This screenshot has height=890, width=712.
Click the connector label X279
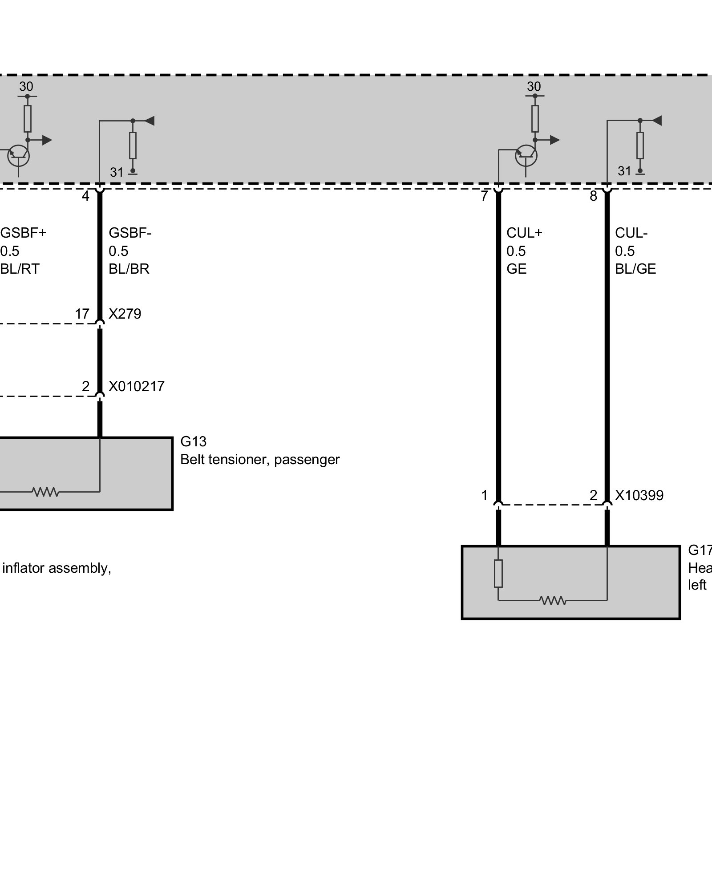[x=125, y=314]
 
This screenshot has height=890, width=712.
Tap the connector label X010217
[x=136, y=386]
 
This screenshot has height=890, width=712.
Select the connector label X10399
[x=639, y=496]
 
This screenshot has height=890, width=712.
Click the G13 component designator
[x=193, y=441]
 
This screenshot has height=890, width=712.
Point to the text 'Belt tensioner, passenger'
[x=260, y=460]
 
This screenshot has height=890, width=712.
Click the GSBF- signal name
[x=130, y=233]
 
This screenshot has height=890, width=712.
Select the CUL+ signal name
[x=524, y=233]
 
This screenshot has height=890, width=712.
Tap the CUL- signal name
[x=631, y=233]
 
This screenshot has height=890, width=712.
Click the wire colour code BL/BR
[x=129, y=269]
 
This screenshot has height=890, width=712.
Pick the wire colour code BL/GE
[x=635, y=269]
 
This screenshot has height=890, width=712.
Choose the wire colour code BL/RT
[x=20, y=269]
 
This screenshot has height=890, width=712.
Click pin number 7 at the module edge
[x=485, y=196]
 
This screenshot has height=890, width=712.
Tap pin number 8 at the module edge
[x=593, y=196]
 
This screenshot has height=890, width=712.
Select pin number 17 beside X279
[x=82, y=314]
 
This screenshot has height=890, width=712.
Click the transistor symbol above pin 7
[x=526, y=155]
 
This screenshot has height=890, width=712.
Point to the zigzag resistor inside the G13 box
[x=45, y=492]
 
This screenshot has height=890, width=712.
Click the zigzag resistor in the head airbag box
[x=553, y=601]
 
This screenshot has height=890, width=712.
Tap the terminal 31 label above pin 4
[x=117, y=172]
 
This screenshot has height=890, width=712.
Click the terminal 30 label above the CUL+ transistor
[x=534, y=86]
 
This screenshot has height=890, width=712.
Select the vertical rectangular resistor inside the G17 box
[x=498, y=574]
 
